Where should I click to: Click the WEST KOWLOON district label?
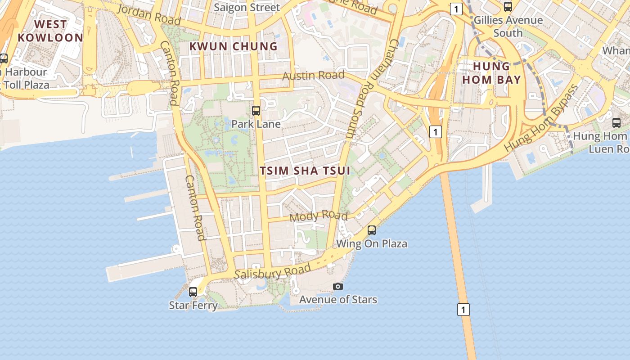50,31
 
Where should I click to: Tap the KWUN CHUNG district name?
233,46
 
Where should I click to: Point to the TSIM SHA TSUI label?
305,171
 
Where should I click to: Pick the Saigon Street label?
247,7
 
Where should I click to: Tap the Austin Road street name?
313,75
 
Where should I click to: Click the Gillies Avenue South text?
508,26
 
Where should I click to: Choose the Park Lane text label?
256,124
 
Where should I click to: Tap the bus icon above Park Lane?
256,110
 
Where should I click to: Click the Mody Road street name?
319,216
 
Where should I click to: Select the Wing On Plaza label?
372,243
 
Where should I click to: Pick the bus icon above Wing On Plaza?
372,230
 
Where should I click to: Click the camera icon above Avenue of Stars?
338,286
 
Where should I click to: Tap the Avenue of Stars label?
338,299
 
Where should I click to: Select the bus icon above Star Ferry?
193,292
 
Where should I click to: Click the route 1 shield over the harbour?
463,310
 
